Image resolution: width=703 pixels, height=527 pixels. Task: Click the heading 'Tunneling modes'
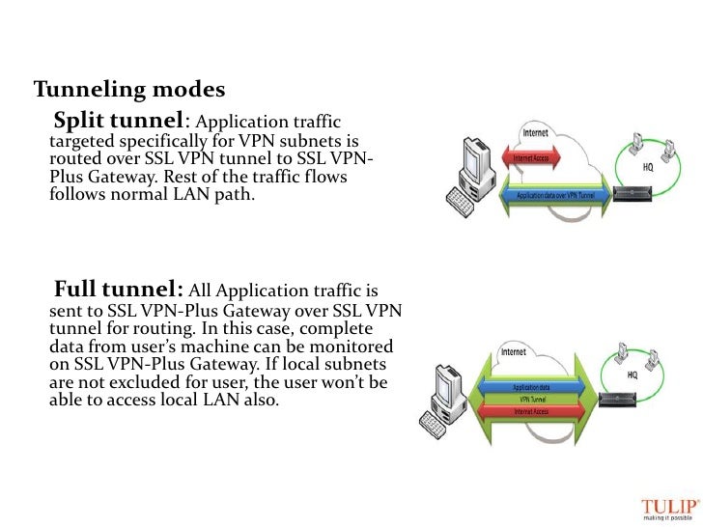(129, 91)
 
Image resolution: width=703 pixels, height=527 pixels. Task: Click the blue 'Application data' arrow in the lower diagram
(538, 385)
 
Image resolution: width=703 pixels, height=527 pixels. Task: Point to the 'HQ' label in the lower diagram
(633, 374)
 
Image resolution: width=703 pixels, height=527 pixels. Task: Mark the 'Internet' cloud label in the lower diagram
(515, 353)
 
